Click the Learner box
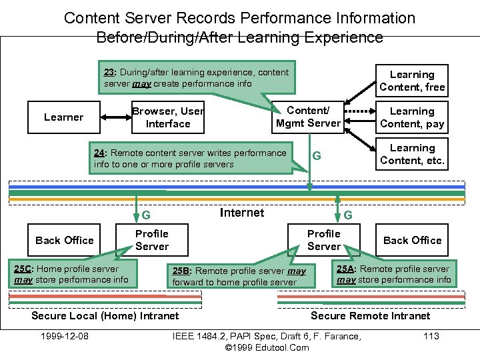point(64,117)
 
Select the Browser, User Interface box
point(168,117)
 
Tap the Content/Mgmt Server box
point(308,117)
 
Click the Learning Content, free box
point(412,81)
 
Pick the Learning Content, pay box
point(412,117)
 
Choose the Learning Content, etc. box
point(412,154)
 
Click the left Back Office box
point(65,240)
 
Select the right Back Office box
point(412,240)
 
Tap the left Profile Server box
point(152,240)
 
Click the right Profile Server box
point(324,240)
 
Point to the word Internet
point(241,213)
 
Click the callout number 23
point(110,72)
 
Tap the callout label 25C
point(24,269)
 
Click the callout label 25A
point(345,269)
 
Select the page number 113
point(431,335)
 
